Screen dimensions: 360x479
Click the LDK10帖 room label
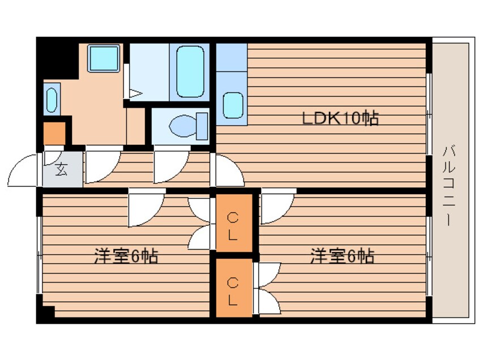(x=340, y=119)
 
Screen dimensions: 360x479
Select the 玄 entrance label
(x=61, y=169)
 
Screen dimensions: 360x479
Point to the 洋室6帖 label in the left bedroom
(x=126, y=256)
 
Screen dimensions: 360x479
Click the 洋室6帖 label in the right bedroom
(x=341, y=256)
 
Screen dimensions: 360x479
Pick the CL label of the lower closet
(x=233, y=290)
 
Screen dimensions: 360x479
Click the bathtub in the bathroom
(x=190, y=72)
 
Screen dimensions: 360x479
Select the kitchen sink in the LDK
(x=233, y=105)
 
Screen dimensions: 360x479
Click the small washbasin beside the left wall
(x=52, y=100)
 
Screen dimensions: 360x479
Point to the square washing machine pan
(x=103, y=58)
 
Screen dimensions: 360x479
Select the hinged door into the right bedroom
(x=277, y=207)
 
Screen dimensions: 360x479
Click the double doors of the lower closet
(x=267, y=289)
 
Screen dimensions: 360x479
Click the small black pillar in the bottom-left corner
(x=46, y=313)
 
